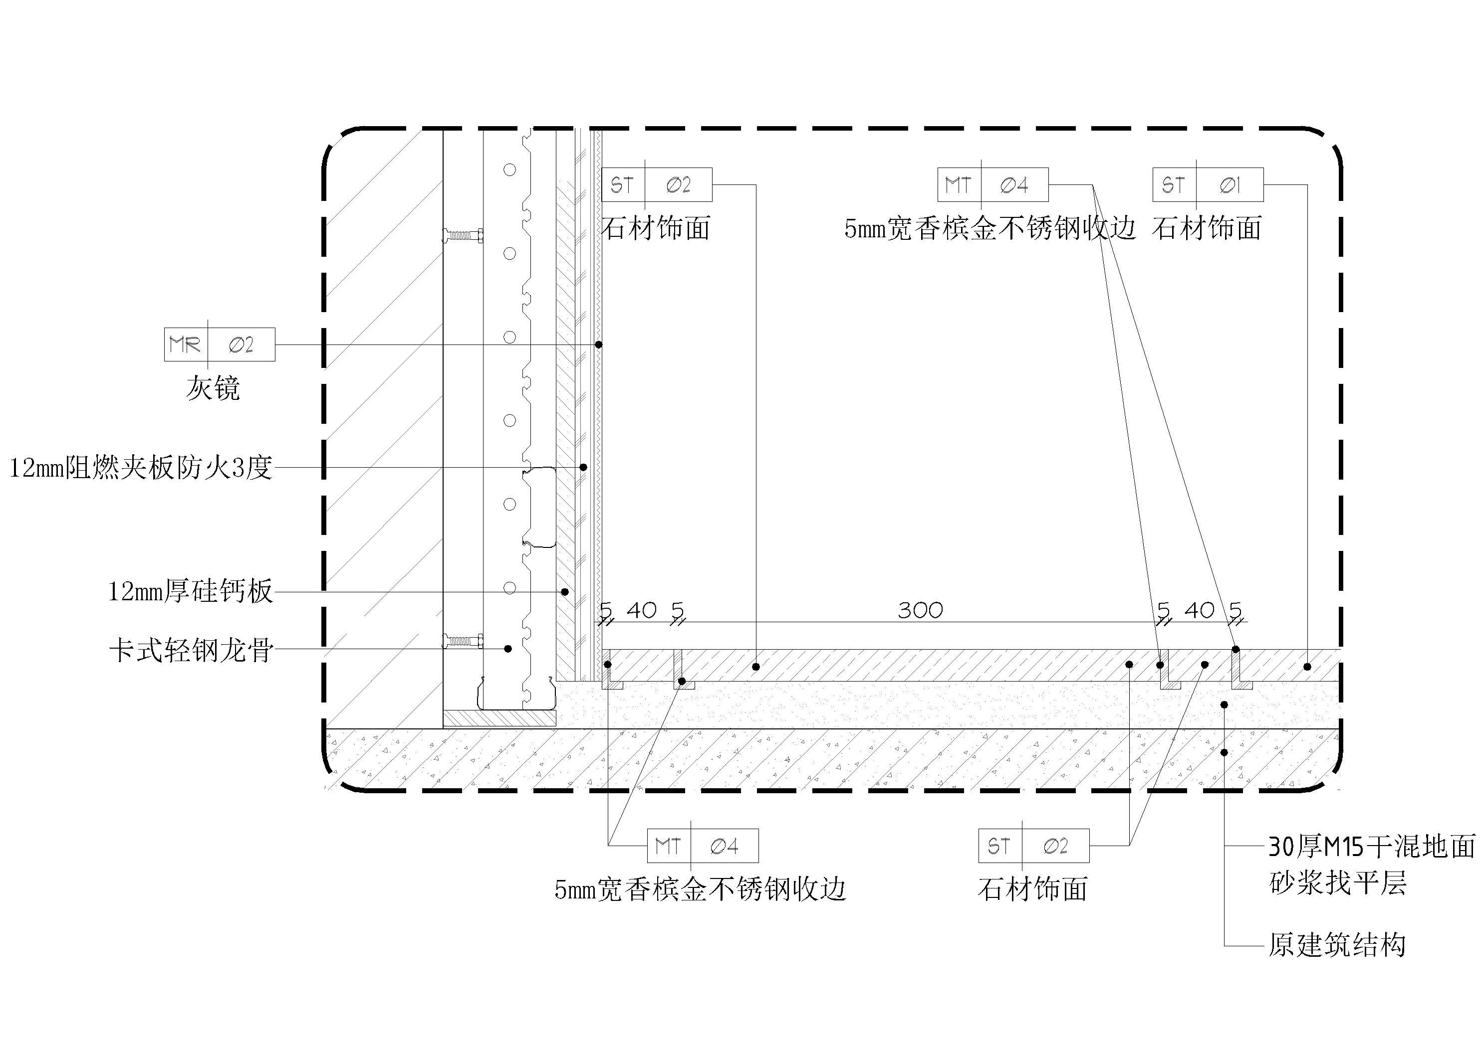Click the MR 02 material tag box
[x=220, y=345]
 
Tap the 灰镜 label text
[x=213, y=388]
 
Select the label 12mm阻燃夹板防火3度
[x=141, y=468]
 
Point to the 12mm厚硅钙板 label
[x=191, y=591]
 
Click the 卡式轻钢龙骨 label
[x=191, y=650]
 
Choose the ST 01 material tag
[x=1208, y=185]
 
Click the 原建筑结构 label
[x=1337, y=946]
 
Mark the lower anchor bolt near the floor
[x=463, y=641]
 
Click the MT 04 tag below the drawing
[x=703, y=846]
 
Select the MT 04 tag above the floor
[x=992, y=185]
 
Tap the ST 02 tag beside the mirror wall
[x=657, y=185]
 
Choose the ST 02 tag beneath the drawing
[x=1034, y=846]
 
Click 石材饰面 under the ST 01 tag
[x=1207, y=228]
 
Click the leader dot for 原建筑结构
[x=1224, y=752]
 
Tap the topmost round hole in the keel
[x=510, y=170]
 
